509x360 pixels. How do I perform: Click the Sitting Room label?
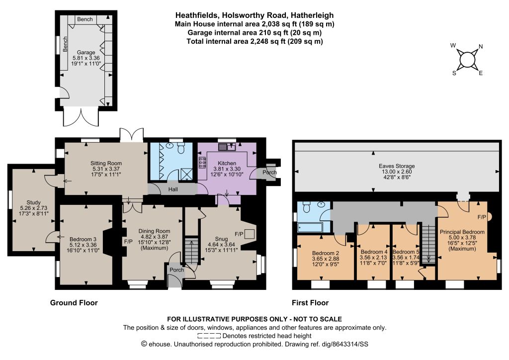point(106,163)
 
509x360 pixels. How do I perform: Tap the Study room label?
point(33,202)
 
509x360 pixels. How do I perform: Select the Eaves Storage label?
point(397,166)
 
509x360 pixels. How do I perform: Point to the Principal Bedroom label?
point(462,232)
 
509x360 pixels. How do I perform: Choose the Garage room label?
point(86,52)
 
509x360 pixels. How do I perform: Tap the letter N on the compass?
point(481,46)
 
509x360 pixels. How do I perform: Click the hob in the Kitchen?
point(202,162)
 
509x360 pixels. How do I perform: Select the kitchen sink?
point(227,147)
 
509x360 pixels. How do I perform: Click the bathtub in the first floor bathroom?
point(310,227)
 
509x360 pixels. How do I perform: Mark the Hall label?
point(172,189)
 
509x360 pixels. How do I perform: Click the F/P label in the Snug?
point(239,234)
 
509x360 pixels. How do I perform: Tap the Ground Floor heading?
point(74,303)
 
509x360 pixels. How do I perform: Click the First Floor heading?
point(310,303)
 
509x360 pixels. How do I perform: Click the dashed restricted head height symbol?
point(209,336)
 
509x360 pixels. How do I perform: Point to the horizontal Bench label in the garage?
point(85,19)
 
